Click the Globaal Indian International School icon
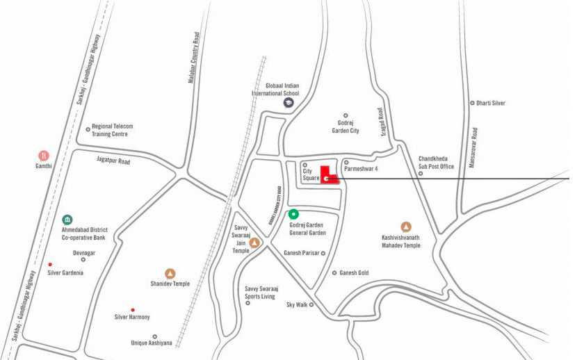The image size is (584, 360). coord(288,103)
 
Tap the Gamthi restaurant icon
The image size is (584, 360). coord(44,155)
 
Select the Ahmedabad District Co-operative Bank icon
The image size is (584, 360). coord(67,220)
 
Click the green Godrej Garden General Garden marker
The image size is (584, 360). coord(293,214)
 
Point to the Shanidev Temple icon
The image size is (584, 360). coord(170,273)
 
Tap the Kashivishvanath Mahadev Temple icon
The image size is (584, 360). coord(406,227)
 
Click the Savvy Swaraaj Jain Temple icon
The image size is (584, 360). coord(254,243)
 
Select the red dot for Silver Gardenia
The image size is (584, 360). coord(50,264)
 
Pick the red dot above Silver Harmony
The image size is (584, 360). coord(133,310)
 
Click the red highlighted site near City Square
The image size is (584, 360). coord(328,175)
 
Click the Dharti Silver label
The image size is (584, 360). coord(491,103)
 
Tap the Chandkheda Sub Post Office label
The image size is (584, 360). coord(436,163)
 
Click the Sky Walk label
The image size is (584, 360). coord(297,305)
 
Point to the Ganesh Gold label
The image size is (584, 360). coord(354,273)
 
